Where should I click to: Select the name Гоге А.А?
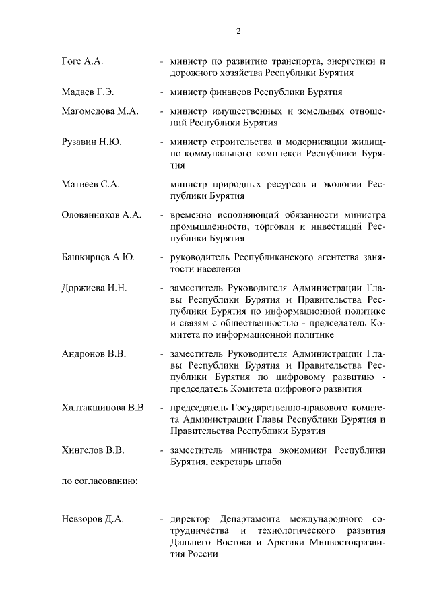click(81, 61)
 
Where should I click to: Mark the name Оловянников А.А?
click(101, 215)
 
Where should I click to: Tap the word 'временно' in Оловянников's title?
click(192, 215)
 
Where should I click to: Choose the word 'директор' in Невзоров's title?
click(192, 520)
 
